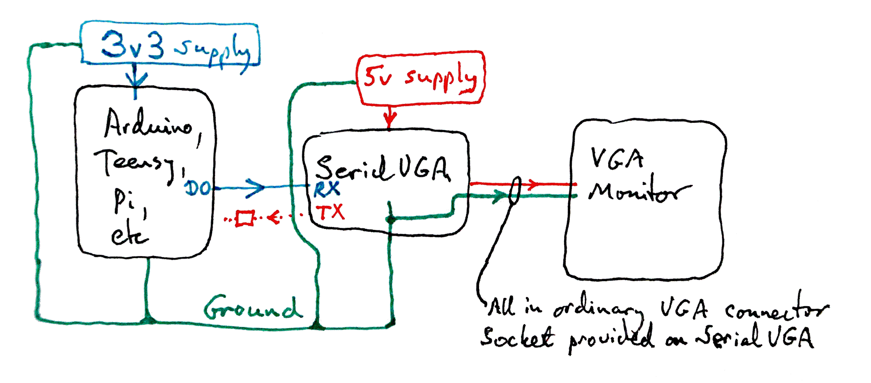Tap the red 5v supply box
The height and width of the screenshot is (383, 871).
click(x=420, y=78)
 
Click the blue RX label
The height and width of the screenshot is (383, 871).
click(x=327, y=189)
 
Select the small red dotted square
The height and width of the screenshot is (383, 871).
click(x=244, y=218)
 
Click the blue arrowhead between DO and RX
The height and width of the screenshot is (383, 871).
click(x=256, y=187)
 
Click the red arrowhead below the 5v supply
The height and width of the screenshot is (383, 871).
click(x=390, y=121)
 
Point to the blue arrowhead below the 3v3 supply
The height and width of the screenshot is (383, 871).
click(x=135, y=79)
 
